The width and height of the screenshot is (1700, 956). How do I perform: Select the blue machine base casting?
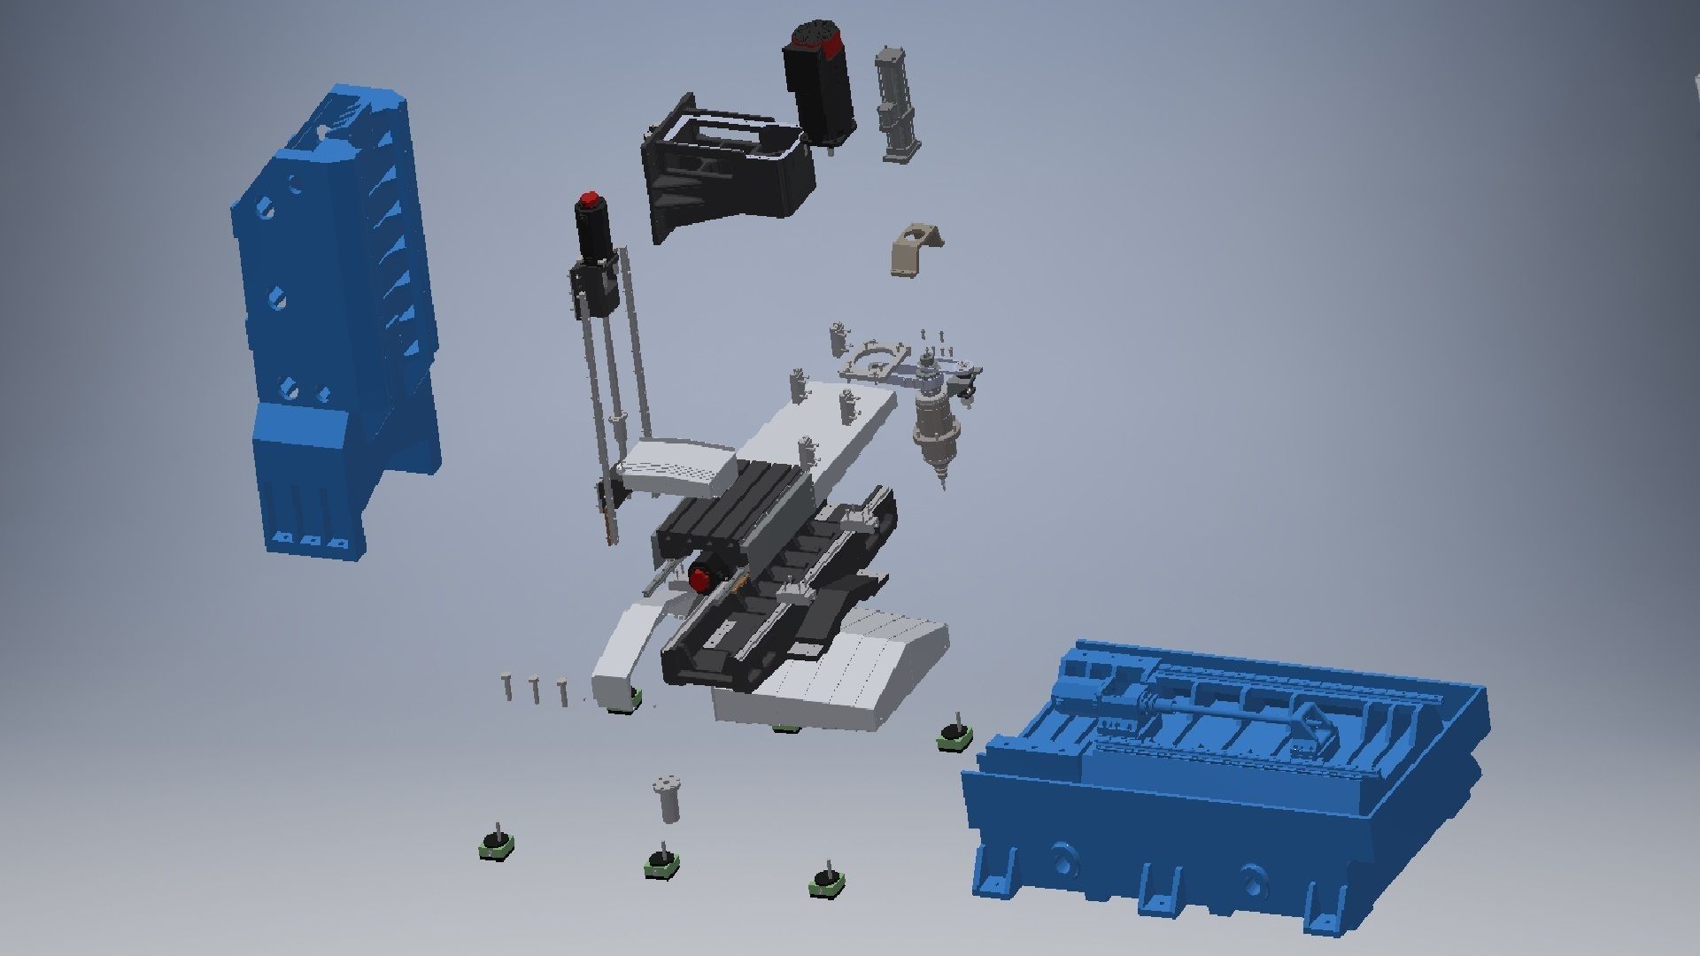pyautogui.click(x=1222, y=797)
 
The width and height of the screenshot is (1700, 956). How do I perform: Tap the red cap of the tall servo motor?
pyautogui.click(x=586, y=198)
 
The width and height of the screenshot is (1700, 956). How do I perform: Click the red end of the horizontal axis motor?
pyautogui.click(x=700, y=580)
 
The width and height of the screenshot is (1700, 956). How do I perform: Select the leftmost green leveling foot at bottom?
pyautogui.click(x=493, y=844)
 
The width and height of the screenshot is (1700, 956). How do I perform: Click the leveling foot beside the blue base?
pyautogui.click(x=955, y=735)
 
